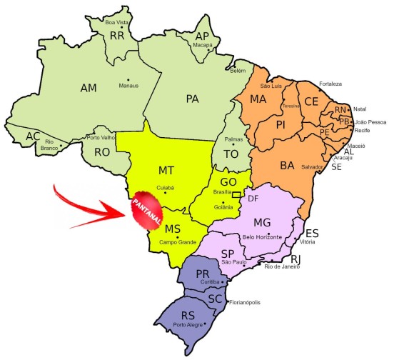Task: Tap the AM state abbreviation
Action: (89, 88)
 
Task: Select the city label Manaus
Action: (129, 86)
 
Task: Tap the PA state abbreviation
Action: (192, 98)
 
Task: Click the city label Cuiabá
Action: (165, 189)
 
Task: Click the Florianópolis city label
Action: (244, 302)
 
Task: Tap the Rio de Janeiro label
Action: (283, 266)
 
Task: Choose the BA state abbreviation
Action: (287, 166)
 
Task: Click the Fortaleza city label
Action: (335, 84)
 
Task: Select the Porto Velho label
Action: (100, 137)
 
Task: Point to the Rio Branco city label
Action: (49, 146)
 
